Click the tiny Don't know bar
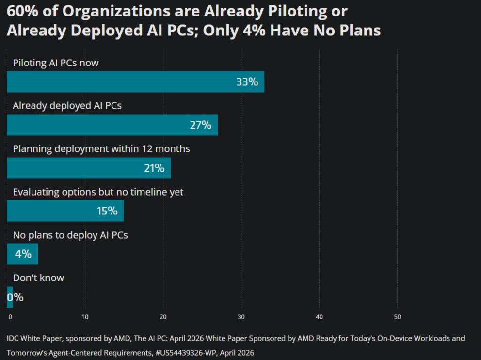(10, 297)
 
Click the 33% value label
(247, 82)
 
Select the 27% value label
(200, 125)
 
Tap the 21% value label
(154, 168)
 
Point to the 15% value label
(107, 211)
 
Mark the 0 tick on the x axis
(10, 317)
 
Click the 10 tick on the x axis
(85, 317)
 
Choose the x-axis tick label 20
(163, 317)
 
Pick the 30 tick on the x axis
(241, 317)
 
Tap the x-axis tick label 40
(319, 317)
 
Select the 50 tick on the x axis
(397, 317)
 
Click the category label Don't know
(38, 278)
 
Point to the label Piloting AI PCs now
(56, 63)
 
